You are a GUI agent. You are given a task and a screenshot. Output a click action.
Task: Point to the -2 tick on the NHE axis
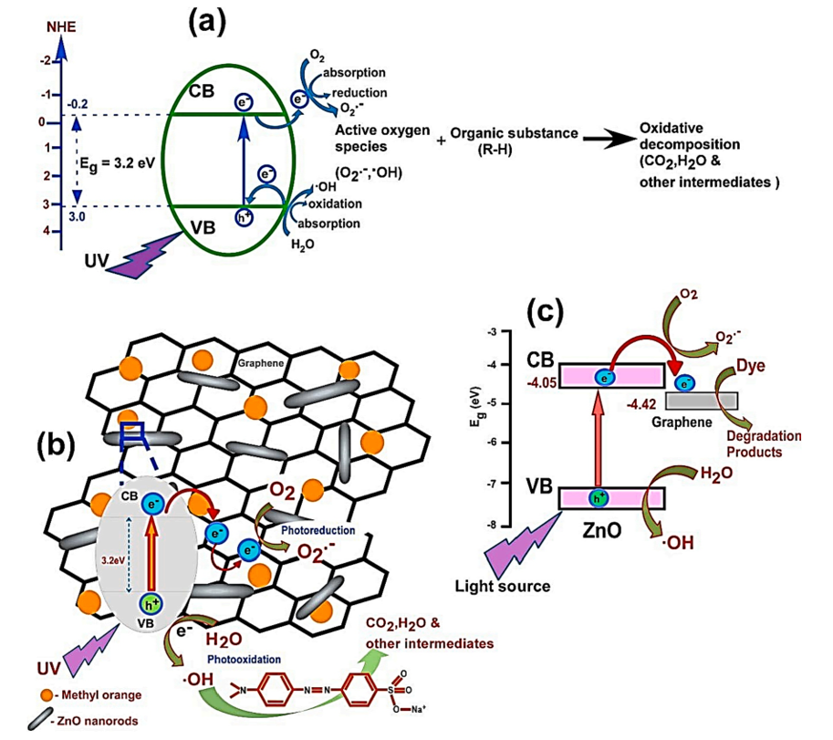(47, 61)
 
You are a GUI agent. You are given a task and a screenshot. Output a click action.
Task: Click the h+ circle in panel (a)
(244, 217)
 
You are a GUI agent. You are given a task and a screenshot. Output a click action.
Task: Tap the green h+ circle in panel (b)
(148, 604)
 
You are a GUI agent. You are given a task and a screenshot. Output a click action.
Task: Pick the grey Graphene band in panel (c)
(702, 400)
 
